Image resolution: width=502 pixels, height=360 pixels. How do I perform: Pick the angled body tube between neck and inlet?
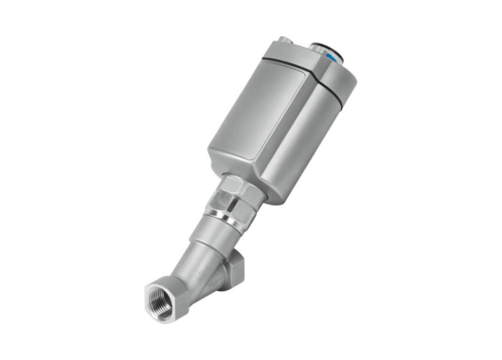(194, 270)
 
